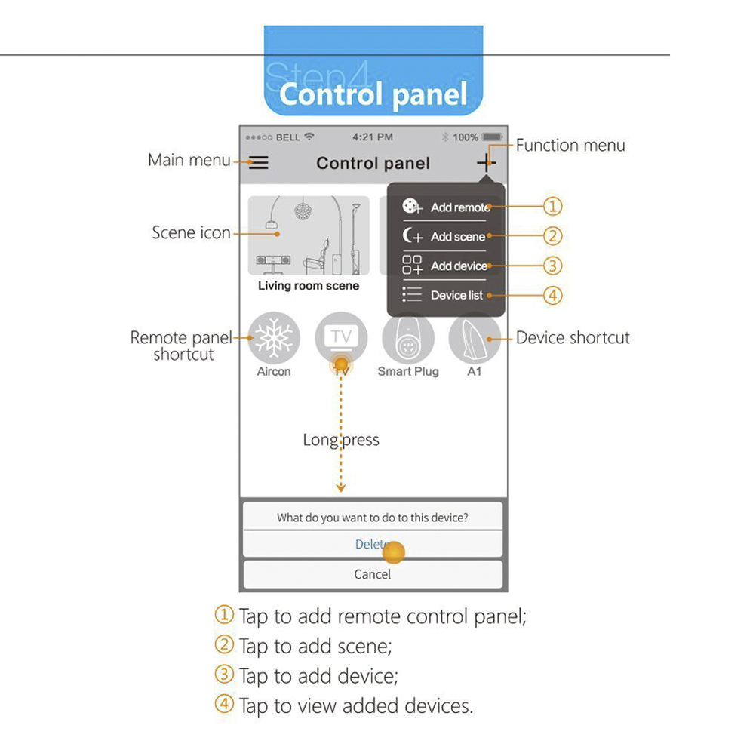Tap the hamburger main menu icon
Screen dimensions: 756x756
[259, 163]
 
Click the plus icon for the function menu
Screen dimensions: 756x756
[486, 161]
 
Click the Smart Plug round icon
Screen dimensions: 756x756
[408, 340]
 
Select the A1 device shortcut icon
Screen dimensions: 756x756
[475, 339]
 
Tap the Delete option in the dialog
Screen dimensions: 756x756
[373, 544]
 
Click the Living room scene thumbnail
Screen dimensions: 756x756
[309, 236]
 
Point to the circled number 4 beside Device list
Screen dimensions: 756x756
[553, 295]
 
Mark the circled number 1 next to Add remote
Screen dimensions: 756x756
[553, 206]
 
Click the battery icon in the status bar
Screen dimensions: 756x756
[493, 137]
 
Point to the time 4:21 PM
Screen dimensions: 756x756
[373, 137]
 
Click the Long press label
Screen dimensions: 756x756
[341, 440]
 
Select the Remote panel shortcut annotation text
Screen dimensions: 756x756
[184, 346]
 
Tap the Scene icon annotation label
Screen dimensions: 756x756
[191, 232]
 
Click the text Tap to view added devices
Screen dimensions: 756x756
[356, 706]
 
